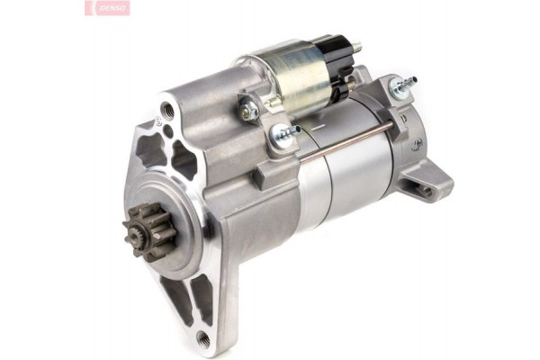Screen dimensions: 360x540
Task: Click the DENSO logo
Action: tap(109, 8)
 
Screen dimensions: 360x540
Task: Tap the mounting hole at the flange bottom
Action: tap(202, 339)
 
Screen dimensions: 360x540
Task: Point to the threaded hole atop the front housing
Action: tap(166, 112)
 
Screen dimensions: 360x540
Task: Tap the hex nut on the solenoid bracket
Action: tap(249, 110)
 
